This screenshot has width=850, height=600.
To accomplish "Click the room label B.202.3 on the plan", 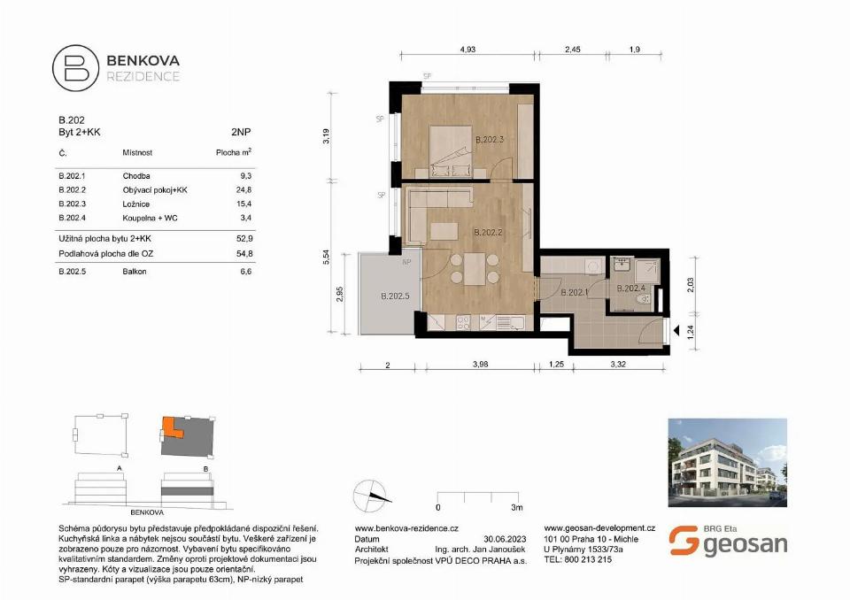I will click(490, 140).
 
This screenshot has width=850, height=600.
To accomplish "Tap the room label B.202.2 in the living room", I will click(489, 234).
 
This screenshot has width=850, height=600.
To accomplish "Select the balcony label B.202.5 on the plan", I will click(394, 296).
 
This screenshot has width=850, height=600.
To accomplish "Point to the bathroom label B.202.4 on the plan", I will click(630, 288).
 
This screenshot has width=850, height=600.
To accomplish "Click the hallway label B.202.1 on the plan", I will click(575, 293).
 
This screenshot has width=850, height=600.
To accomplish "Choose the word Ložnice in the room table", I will click(136, 204).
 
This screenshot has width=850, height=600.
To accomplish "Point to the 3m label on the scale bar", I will click(516, 509).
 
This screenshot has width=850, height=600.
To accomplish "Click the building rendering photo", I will click(726, 462).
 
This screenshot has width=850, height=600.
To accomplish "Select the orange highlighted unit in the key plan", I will click(171, 429).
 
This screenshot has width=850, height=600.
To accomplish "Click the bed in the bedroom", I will click(452, 151).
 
